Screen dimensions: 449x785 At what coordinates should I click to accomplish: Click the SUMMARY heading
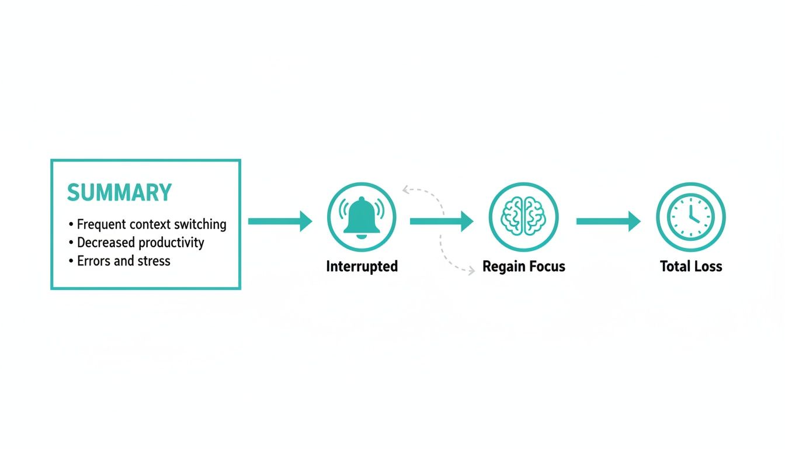[119, 192]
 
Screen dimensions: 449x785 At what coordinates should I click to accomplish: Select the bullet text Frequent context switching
[151, 224]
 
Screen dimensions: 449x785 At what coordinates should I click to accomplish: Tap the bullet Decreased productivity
[140, 242]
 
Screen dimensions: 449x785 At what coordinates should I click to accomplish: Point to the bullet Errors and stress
[123, 261]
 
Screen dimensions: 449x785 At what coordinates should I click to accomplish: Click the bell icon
[362, 217]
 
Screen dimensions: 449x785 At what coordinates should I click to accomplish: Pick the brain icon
[523, 217]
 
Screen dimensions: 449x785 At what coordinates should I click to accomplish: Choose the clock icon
[690, 217]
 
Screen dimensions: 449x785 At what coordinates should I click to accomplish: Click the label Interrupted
[362, 267]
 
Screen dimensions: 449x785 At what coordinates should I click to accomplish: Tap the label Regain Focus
[523, 267]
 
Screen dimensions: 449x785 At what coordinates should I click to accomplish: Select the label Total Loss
[691, 267]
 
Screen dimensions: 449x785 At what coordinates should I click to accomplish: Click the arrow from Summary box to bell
[280, 221]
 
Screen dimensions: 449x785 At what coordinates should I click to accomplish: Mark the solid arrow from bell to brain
[442, 221]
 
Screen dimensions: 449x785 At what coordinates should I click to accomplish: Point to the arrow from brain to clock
[608, 221]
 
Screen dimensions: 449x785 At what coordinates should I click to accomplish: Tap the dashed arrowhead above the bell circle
[406, 188]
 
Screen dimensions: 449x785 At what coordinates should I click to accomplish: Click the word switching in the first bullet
[199, 224]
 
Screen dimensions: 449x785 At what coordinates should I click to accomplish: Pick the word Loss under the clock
[707, 267]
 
